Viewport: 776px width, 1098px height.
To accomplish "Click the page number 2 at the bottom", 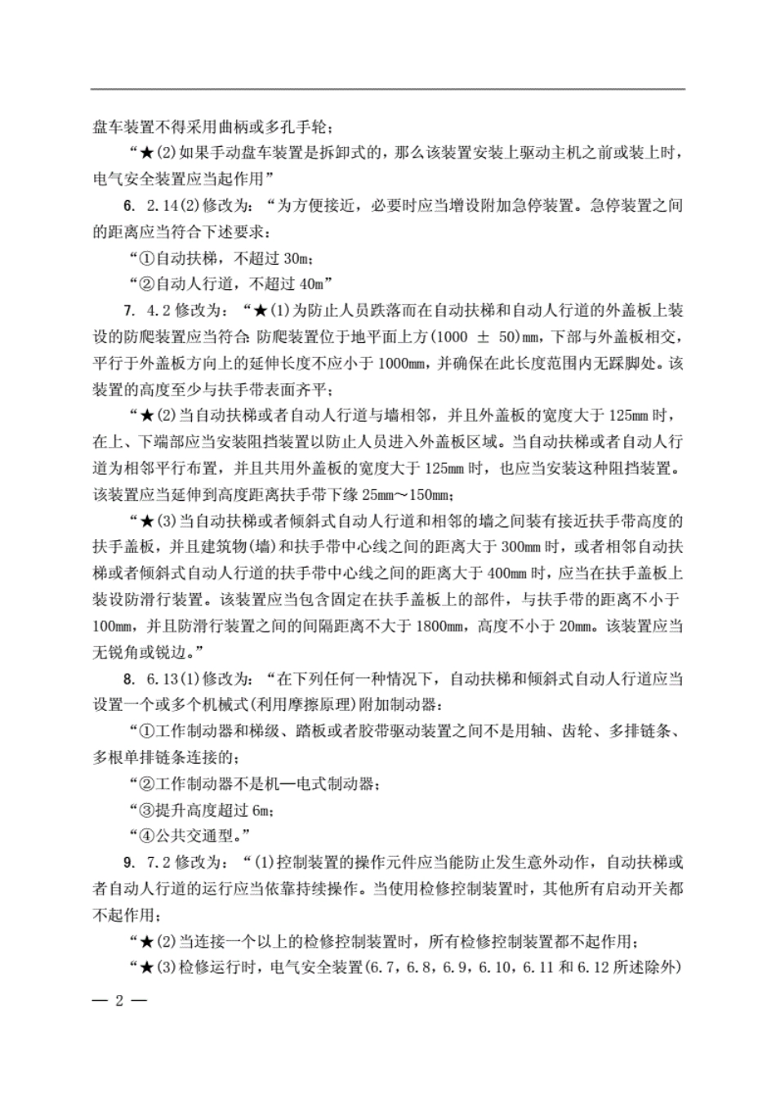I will coord(118,1002).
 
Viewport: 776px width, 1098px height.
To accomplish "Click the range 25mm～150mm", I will coord(408,495).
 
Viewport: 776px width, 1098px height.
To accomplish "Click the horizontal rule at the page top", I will coord(388,89).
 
